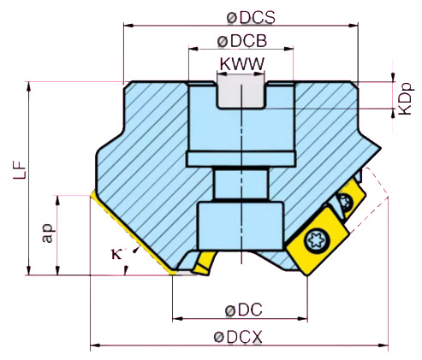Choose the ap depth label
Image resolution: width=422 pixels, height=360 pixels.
[49, 233]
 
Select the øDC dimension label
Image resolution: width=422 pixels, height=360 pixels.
[241, 309]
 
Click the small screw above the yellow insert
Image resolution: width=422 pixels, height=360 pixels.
[345, 203]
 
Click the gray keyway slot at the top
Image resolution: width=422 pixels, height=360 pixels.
[241, 91]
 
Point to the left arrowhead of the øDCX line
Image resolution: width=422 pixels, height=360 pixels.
[95, 346]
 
